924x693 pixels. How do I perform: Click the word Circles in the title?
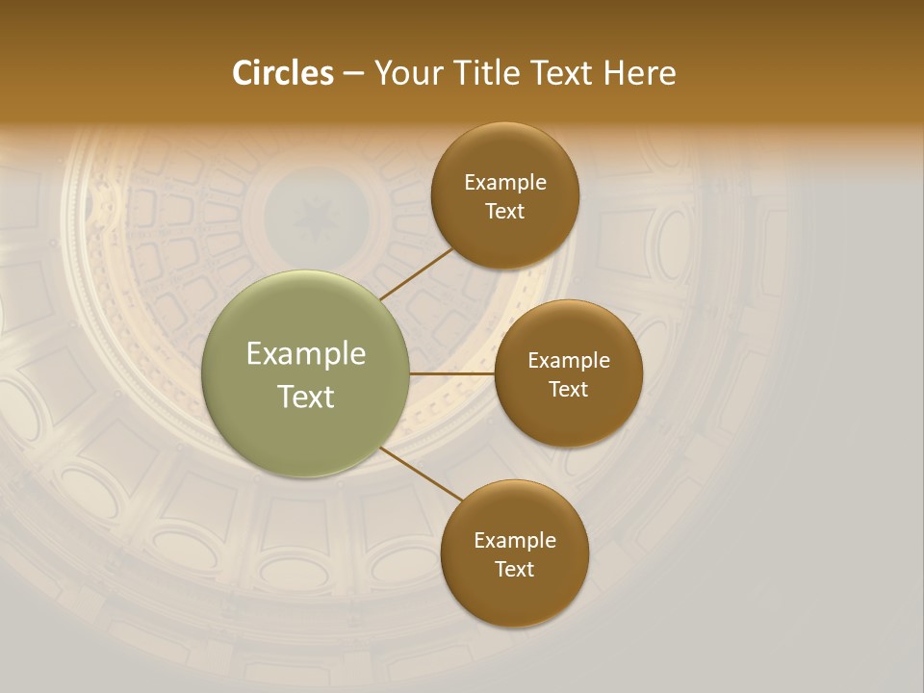282,73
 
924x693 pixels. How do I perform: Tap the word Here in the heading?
639,73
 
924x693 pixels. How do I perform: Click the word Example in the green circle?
306,354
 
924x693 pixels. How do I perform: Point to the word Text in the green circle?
306,397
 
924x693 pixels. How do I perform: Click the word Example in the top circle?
505,183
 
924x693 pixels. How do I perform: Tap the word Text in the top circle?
505,212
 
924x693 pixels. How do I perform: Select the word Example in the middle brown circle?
568,361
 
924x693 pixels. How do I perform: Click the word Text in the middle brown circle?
568,390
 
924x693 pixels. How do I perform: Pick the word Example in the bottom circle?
515,541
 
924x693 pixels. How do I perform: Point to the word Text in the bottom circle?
515,570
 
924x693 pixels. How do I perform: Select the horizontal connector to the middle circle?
452,373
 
